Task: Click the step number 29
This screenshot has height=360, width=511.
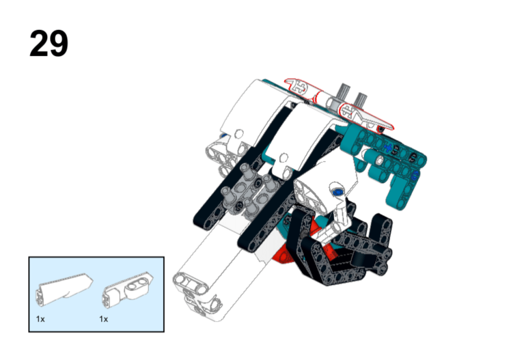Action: click(x=49, y=43)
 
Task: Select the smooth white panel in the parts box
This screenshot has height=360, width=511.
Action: click(x=64, y=289)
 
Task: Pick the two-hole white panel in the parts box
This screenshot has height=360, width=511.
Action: click(x=128, y=290)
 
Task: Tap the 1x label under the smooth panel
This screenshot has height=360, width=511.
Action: click(x=40, y=319)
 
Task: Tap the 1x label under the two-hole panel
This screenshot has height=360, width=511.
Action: click(x=104, y=319)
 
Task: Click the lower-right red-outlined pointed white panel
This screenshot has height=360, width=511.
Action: click(x=365, y=117)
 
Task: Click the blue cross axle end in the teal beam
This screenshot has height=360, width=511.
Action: click(x=387, y=148)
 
